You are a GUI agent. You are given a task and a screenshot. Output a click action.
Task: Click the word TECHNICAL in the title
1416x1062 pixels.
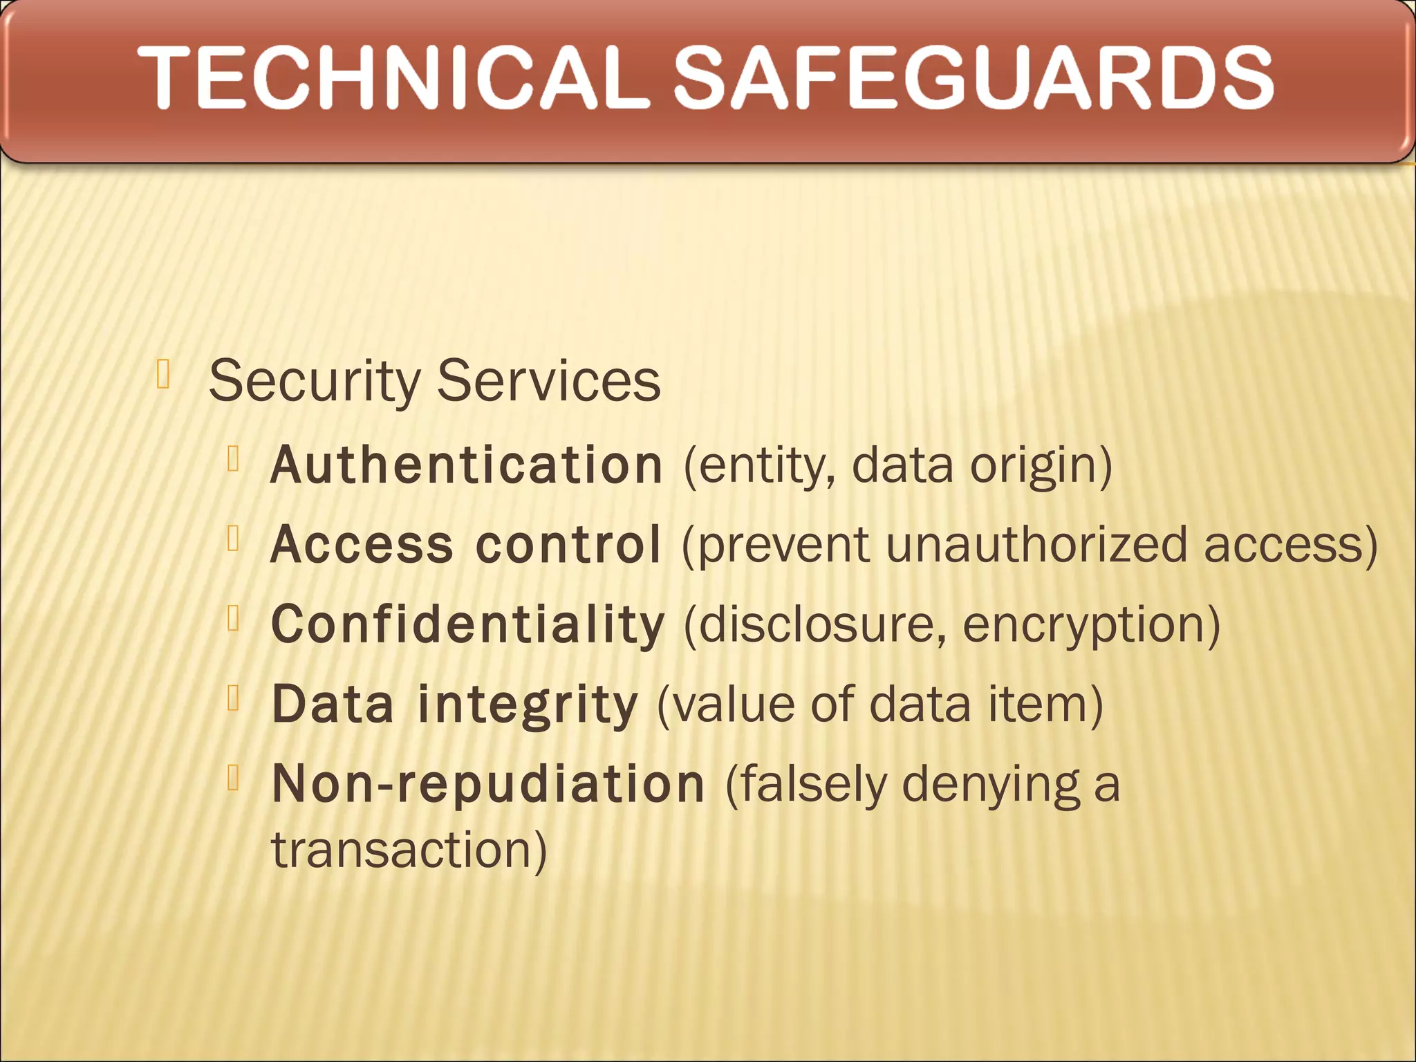pos(394,77)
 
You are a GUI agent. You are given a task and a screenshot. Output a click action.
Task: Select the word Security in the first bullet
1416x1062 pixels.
pos(315,382)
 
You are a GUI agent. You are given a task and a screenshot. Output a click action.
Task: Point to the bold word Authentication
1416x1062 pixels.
pos(467,465)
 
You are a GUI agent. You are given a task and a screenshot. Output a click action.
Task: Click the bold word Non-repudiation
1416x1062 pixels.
pos(488,785)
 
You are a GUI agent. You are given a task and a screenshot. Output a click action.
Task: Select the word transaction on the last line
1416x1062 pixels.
pos(409,850)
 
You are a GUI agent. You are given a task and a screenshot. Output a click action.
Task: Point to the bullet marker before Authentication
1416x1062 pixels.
pos(233,458)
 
